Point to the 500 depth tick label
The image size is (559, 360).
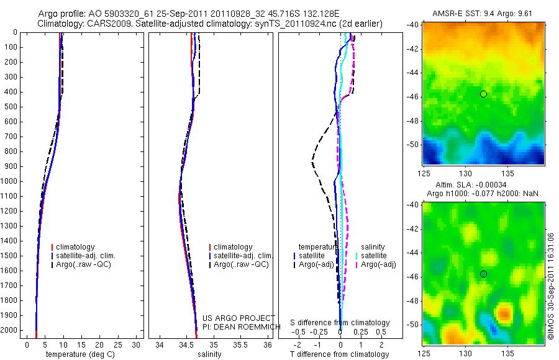click(x=11, y=107)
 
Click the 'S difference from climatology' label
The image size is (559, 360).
click(x=340, y=323)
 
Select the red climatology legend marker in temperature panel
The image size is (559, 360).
click(x=53, y=247)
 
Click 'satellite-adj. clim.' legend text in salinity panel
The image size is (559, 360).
click(x=243, y=256)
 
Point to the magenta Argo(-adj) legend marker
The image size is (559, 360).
click(x=356, y=265)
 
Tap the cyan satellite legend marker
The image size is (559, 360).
click(x=356, y=256)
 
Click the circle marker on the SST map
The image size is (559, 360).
click(x=483, y=94)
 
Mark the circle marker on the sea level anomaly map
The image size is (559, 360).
click(x=483, y=274)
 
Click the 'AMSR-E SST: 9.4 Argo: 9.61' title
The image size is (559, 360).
click(x=483, y=13)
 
